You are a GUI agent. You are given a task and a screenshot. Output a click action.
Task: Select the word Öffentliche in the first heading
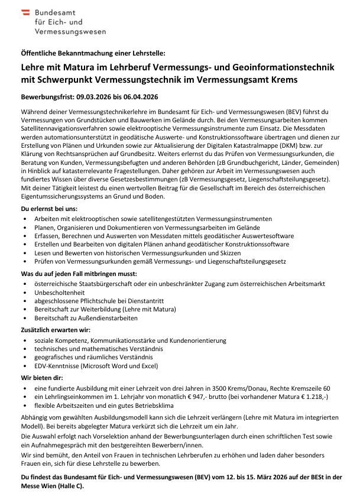[x=39, y=53]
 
